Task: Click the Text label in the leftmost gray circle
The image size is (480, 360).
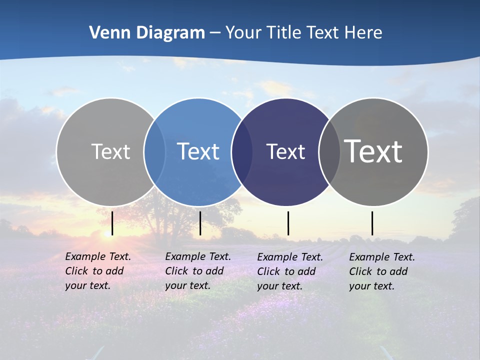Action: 110,151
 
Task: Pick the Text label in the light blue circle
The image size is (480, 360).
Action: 198,151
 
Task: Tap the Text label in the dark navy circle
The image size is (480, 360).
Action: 285,151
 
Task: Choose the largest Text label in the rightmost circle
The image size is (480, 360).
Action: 373,151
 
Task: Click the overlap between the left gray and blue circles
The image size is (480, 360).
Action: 154,151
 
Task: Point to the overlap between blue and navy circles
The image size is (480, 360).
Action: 242,151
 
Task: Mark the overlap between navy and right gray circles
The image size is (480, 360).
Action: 329,151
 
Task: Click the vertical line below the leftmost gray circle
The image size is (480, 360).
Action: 112,223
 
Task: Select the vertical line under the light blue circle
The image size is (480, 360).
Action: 200,223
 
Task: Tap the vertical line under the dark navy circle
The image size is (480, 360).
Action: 288,223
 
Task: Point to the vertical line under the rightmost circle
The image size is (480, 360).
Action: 372,223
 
